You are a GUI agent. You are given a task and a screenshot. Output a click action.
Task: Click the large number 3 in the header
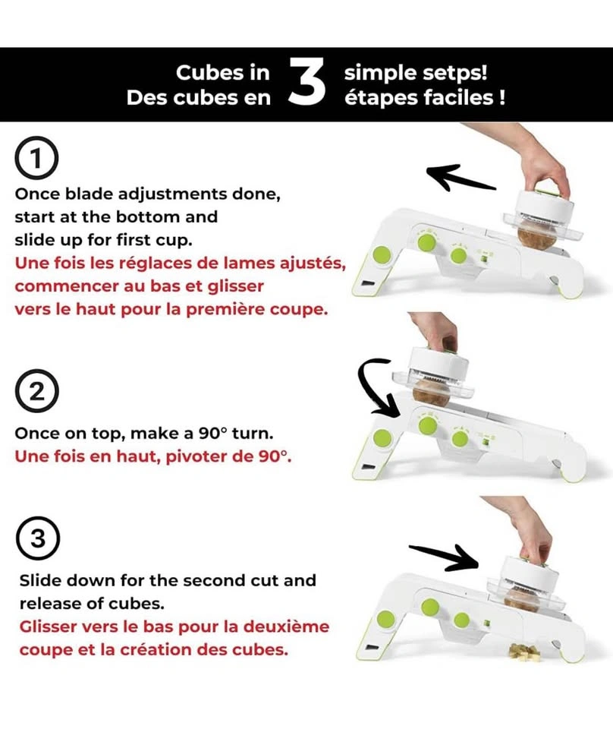pos(306,81)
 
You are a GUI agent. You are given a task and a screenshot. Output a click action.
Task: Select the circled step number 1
pos(36,158)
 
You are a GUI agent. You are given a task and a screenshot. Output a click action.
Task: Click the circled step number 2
pos(36,392)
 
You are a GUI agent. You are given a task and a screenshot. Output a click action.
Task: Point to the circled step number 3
pos(38,538)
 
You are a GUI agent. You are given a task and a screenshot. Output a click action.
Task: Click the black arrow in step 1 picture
pos(461,178)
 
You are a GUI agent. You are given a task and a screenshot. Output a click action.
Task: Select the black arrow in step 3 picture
pos(444,557)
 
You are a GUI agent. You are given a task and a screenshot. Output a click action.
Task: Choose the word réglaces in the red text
pos(156,264)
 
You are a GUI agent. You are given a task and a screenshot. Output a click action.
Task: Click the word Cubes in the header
pos(223,73)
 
